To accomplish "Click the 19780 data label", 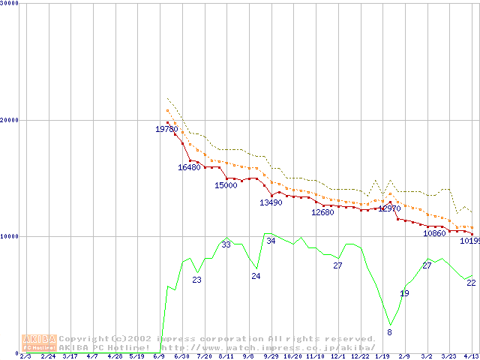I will tap(166, 129).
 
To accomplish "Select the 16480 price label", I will tap(189, 167).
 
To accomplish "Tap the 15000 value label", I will tap(226, 185).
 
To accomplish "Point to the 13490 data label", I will tap(271, 202).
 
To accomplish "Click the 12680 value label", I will tap(322, 212).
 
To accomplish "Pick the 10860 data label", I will tap(434, 233).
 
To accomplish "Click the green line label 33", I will tap(226, 244).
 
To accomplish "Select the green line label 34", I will tap(271, 241).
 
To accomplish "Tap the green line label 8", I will tap(389, 331).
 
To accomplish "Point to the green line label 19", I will tap(404, 293).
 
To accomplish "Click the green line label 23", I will tap(196, 280).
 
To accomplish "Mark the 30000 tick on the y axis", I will tap(10, 3).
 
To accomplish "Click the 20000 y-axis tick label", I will tap(10, 120).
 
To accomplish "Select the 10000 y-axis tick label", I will tap(10, 236).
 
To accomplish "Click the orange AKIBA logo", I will tap(39, 343).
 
